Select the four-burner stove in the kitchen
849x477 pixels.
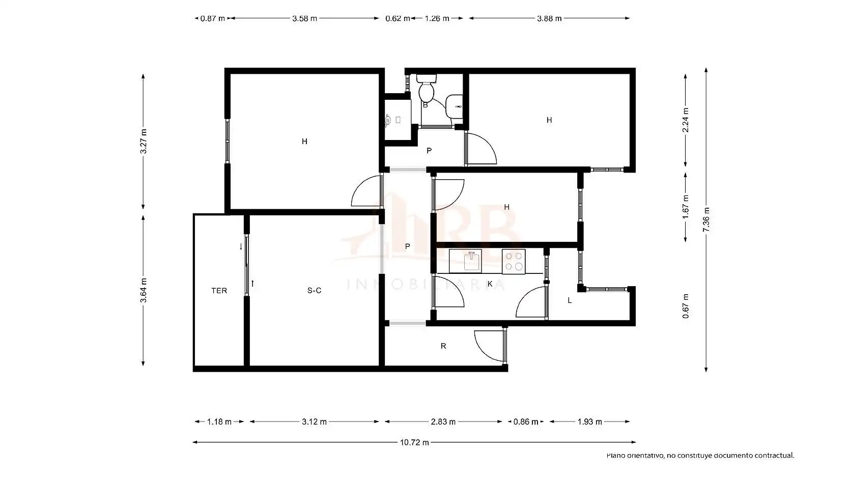pyautogui.click(x=514, y=261)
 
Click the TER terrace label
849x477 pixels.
pyautogui.click(x=219, y=291)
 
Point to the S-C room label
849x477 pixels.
pyautogui.click(x=314, y=291)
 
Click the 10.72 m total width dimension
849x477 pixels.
pyautogui.click(x=414, y=442)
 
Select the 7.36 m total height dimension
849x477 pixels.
pyautogui.click(x=706, y=219)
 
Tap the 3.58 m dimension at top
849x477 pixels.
pyautogui.click(x=304, y=18)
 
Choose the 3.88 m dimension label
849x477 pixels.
pyautogui.click(x=549, y=18)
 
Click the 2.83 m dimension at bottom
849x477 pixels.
pyautogui.click(x=443, y=422)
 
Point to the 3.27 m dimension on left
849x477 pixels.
pyautogui.click(x=143, y=142)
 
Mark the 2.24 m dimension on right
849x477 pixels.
pyautogui.click(x=685, y=120)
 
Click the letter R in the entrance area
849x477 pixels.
pyautogui.click(x=443, y=346)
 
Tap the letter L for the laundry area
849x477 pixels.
pyautogui.click(x=570, y=301)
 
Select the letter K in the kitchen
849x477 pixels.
pyautogui.click(x=490, y=284)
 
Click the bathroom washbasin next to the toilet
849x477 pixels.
pyautogui.click(x=454, y=106)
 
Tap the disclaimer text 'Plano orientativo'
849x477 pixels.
pyautogui.click(x=636, y=456)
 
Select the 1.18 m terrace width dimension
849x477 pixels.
pyautogui.click(x=219, y=422)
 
